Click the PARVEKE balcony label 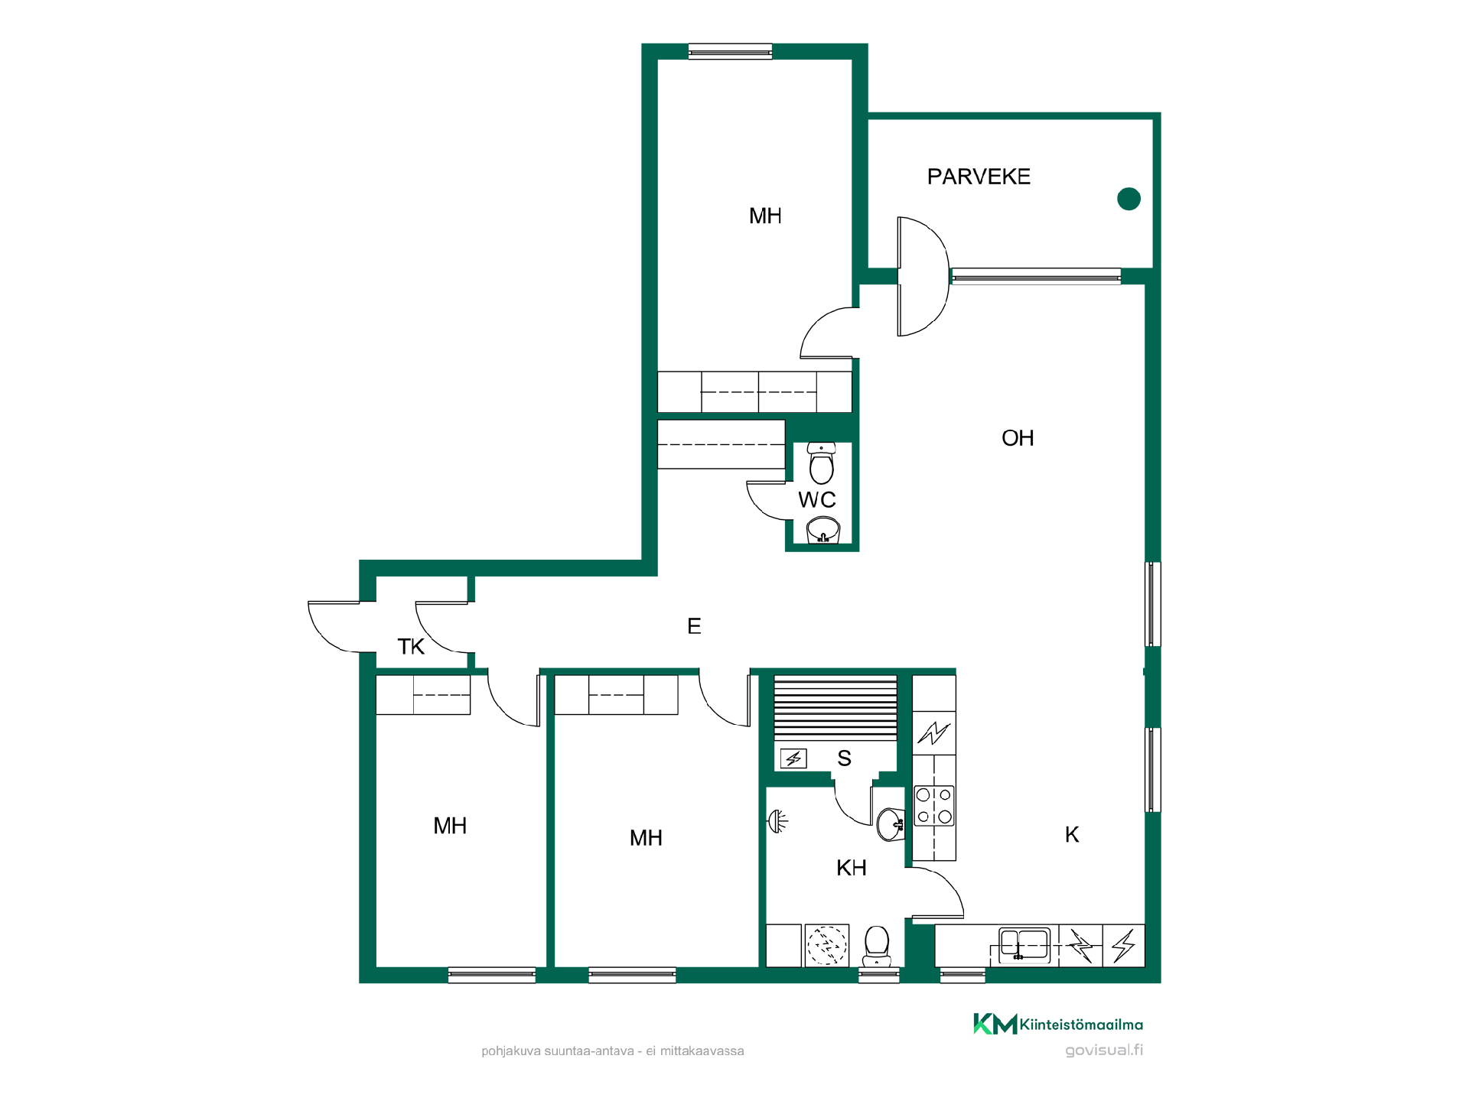point(979,177)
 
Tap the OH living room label point(1018,438)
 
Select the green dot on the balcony point(1129,199)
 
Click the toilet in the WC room point(821,463)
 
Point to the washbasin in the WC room point(823,530)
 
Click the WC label point(817,500)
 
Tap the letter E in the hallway point(694,626)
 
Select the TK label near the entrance point(411,647)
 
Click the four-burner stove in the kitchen point(934,806)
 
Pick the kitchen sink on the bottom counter point(1024,945)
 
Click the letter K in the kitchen point(1072,834)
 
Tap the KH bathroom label point(852,868)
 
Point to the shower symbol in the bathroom point(778,821)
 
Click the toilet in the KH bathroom point(877,946)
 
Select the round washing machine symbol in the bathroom point(827,946)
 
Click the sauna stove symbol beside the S point(793,758)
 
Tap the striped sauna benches point(835,708)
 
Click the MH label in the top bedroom point(765,216)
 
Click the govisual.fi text point(1104,1051)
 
